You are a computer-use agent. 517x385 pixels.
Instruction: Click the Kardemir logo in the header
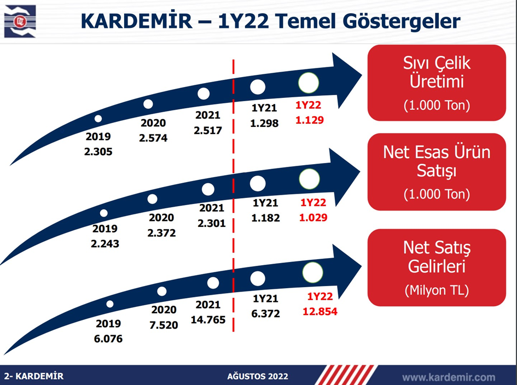(20, 21)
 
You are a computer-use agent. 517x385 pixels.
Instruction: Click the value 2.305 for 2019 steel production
(98, 151)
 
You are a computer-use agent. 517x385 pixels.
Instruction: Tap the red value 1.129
(309, 120)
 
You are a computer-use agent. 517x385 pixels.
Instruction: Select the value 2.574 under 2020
(153, 138)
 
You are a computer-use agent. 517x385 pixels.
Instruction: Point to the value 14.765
(208, 320)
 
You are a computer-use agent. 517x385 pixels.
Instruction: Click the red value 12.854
(320, 312)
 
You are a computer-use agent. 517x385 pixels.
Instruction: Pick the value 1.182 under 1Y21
(265, 218)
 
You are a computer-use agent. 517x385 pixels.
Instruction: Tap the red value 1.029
(313, 218)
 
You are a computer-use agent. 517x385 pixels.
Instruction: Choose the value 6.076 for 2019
(108, 339)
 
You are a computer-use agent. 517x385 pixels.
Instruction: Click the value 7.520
(164, 325)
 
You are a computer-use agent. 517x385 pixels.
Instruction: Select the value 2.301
(212, 223)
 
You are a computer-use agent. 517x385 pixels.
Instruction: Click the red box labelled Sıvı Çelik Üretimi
(437, 83)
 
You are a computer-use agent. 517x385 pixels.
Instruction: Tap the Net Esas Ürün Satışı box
(437, 172)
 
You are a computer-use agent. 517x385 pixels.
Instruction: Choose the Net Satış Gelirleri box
(437, 267)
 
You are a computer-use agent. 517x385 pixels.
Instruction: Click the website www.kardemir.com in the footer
(449, 377)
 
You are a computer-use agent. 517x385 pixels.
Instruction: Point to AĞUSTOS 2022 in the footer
(258, 376)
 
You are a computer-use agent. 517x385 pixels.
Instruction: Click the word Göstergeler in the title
(402, 21)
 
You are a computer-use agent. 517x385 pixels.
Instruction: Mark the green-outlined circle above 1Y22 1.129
(309, 83)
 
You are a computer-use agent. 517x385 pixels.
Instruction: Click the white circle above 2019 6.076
(110, 304)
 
